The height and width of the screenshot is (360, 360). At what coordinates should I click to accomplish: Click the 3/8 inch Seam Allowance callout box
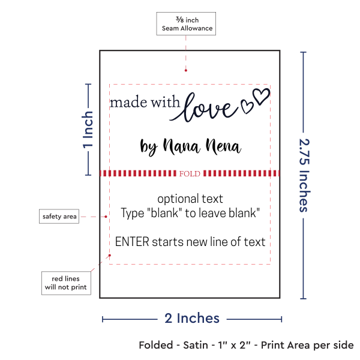(186, 23)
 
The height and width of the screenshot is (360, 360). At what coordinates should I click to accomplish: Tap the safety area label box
(59, 216)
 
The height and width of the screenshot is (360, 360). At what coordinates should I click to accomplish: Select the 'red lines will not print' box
(66, 283)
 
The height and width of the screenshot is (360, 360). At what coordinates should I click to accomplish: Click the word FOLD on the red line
(190, 173)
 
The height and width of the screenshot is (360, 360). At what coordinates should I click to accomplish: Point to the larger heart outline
(261, 96)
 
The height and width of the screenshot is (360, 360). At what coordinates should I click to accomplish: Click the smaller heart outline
(247, 107)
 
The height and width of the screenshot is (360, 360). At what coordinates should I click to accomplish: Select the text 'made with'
(145, 102)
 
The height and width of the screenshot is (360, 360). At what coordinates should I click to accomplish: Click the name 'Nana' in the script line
(181, 146)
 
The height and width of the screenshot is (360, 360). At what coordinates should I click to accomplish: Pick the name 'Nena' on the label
(223, 146)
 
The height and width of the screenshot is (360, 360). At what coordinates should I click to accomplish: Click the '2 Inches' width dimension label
(192, 318)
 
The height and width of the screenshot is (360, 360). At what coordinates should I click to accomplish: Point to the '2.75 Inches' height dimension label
(305, 175)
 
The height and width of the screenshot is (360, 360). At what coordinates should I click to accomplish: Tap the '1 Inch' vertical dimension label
(88, 130)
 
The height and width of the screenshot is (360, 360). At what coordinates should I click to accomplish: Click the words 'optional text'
(190, 199)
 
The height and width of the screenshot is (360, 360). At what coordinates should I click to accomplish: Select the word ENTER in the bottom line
(132, 242)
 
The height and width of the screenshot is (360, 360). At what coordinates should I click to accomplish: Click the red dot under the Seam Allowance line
(186, 70)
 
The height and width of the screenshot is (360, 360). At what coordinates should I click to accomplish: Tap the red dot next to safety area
(106, 217)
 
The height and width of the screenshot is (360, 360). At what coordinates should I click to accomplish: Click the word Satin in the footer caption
(196, 345)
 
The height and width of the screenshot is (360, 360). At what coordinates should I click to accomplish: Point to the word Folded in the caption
(156, 345)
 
